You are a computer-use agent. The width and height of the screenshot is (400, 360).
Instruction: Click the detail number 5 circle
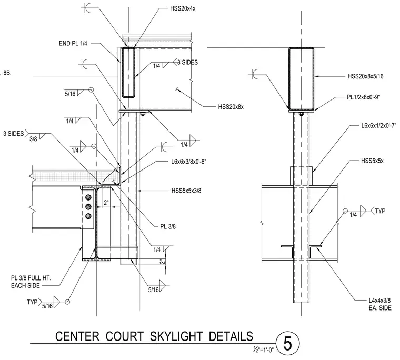[287, 343]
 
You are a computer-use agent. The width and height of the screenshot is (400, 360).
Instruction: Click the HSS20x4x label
[183, 8]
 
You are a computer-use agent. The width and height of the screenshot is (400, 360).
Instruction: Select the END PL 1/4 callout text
[73, 43]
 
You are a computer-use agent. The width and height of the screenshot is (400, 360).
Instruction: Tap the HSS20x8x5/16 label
[365, 76]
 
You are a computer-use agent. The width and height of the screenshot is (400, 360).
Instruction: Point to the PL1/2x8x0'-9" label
[364, 97]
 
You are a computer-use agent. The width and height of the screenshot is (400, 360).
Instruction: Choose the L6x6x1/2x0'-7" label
[379, 126]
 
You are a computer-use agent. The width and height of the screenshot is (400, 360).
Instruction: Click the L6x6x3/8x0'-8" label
[188, 162]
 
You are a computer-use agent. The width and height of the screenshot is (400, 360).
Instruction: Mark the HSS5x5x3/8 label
[186, 191]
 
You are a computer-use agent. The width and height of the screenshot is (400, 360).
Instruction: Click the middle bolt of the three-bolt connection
[88, 206]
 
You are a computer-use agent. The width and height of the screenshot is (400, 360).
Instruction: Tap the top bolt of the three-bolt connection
[88, 197]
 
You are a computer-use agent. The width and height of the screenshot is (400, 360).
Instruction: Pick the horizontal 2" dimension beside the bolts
[106, 203]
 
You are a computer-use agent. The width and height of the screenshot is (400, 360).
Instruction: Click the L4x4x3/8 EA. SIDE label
[380, 304]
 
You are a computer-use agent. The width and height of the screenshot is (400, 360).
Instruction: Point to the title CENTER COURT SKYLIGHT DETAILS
[154, 336]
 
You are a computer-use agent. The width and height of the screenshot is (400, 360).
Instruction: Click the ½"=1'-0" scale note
[263, 350]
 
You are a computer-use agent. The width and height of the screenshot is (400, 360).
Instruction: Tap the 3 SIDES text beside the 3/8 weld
[13, 134]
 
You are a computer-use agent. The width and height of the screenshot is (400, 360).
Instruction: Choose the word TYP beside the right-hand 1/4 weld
[380, 211]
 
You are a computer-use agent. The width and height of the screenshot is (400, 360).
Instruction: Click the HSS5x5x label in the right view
[372, 161]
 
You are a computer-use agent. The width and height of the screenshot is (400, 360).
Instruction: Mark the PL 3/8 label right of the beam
[168, 226]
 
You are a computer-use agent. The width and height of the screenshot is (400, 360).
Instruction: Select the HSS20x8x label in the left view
[231, 107]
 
